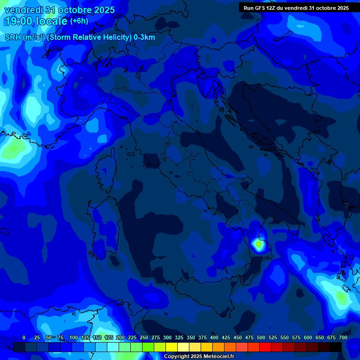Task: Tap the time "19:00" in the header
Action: pos(19,21)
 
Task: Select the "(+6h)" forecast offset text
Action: pos(79,21)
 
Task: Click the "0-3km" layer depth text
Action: pos(144,37)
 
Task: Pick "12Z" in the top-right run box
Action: pos(273,8)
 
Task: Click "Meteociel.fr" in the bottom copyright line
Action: pos(216,357)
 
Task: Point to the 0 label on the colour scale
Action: pos(24,337)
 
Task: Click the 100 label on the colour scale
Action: pos(74,337)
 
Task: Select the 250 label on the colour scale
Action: pos(144,337)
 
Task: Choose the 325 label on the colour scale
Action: pos(179,337)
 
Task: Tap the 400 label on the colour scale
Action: pos(214,337)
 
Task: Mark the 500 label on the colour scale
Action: pos(261,337)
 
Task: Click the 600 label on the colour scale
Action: pos(308,337)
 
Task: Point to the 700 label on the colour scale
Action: pos(343,337)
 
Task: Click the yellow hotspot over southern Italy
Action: pos(258,244)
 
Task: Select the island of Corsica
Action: pos(106,171)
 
